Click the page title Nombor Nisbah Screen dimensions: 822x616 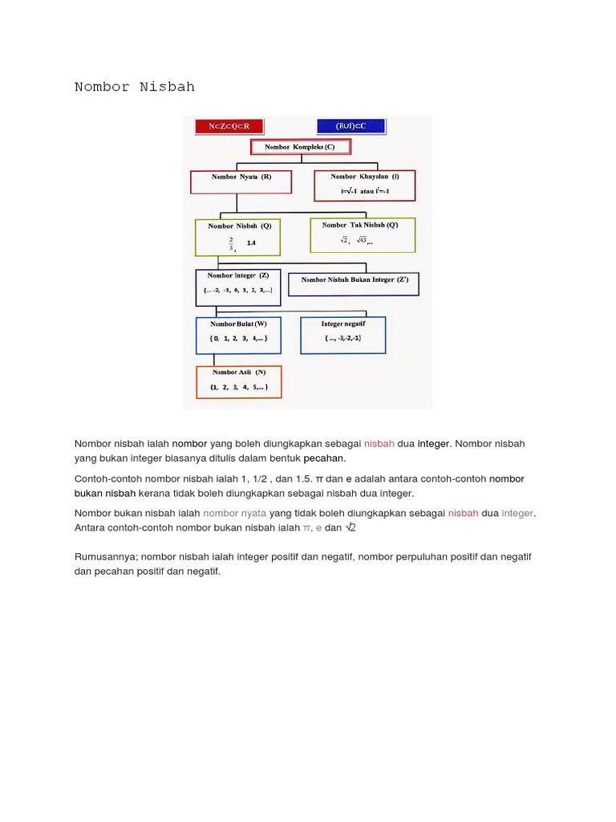click(135, 87)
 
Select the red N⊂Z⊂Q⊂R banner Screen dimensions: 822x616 click(228, 126)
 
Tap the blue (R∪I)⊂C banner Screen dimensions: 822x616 click(351, 126)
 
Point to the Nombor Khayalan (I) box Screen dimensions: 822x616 click(364, 185)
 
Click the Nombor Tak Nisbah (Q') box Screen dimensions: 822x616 click(363, 234)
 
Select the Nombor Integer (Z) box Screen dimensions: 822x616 click(237, 287)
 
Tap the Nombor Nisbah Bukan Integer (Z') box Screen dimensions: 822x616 click(354, 283)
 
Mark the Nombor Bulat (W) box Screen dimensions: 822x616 click(238, 335)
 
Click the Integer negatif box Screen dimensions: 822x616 click(342, 335)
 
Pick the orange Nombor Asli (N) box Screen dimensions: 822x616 click(238, 382)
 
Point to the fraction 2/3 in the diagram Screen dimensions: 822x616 click(231, 243)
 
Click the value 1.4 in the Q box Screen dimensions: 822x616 click(252, 243)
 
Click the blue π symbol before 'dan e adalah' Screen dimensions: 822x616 click(318, 478)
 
